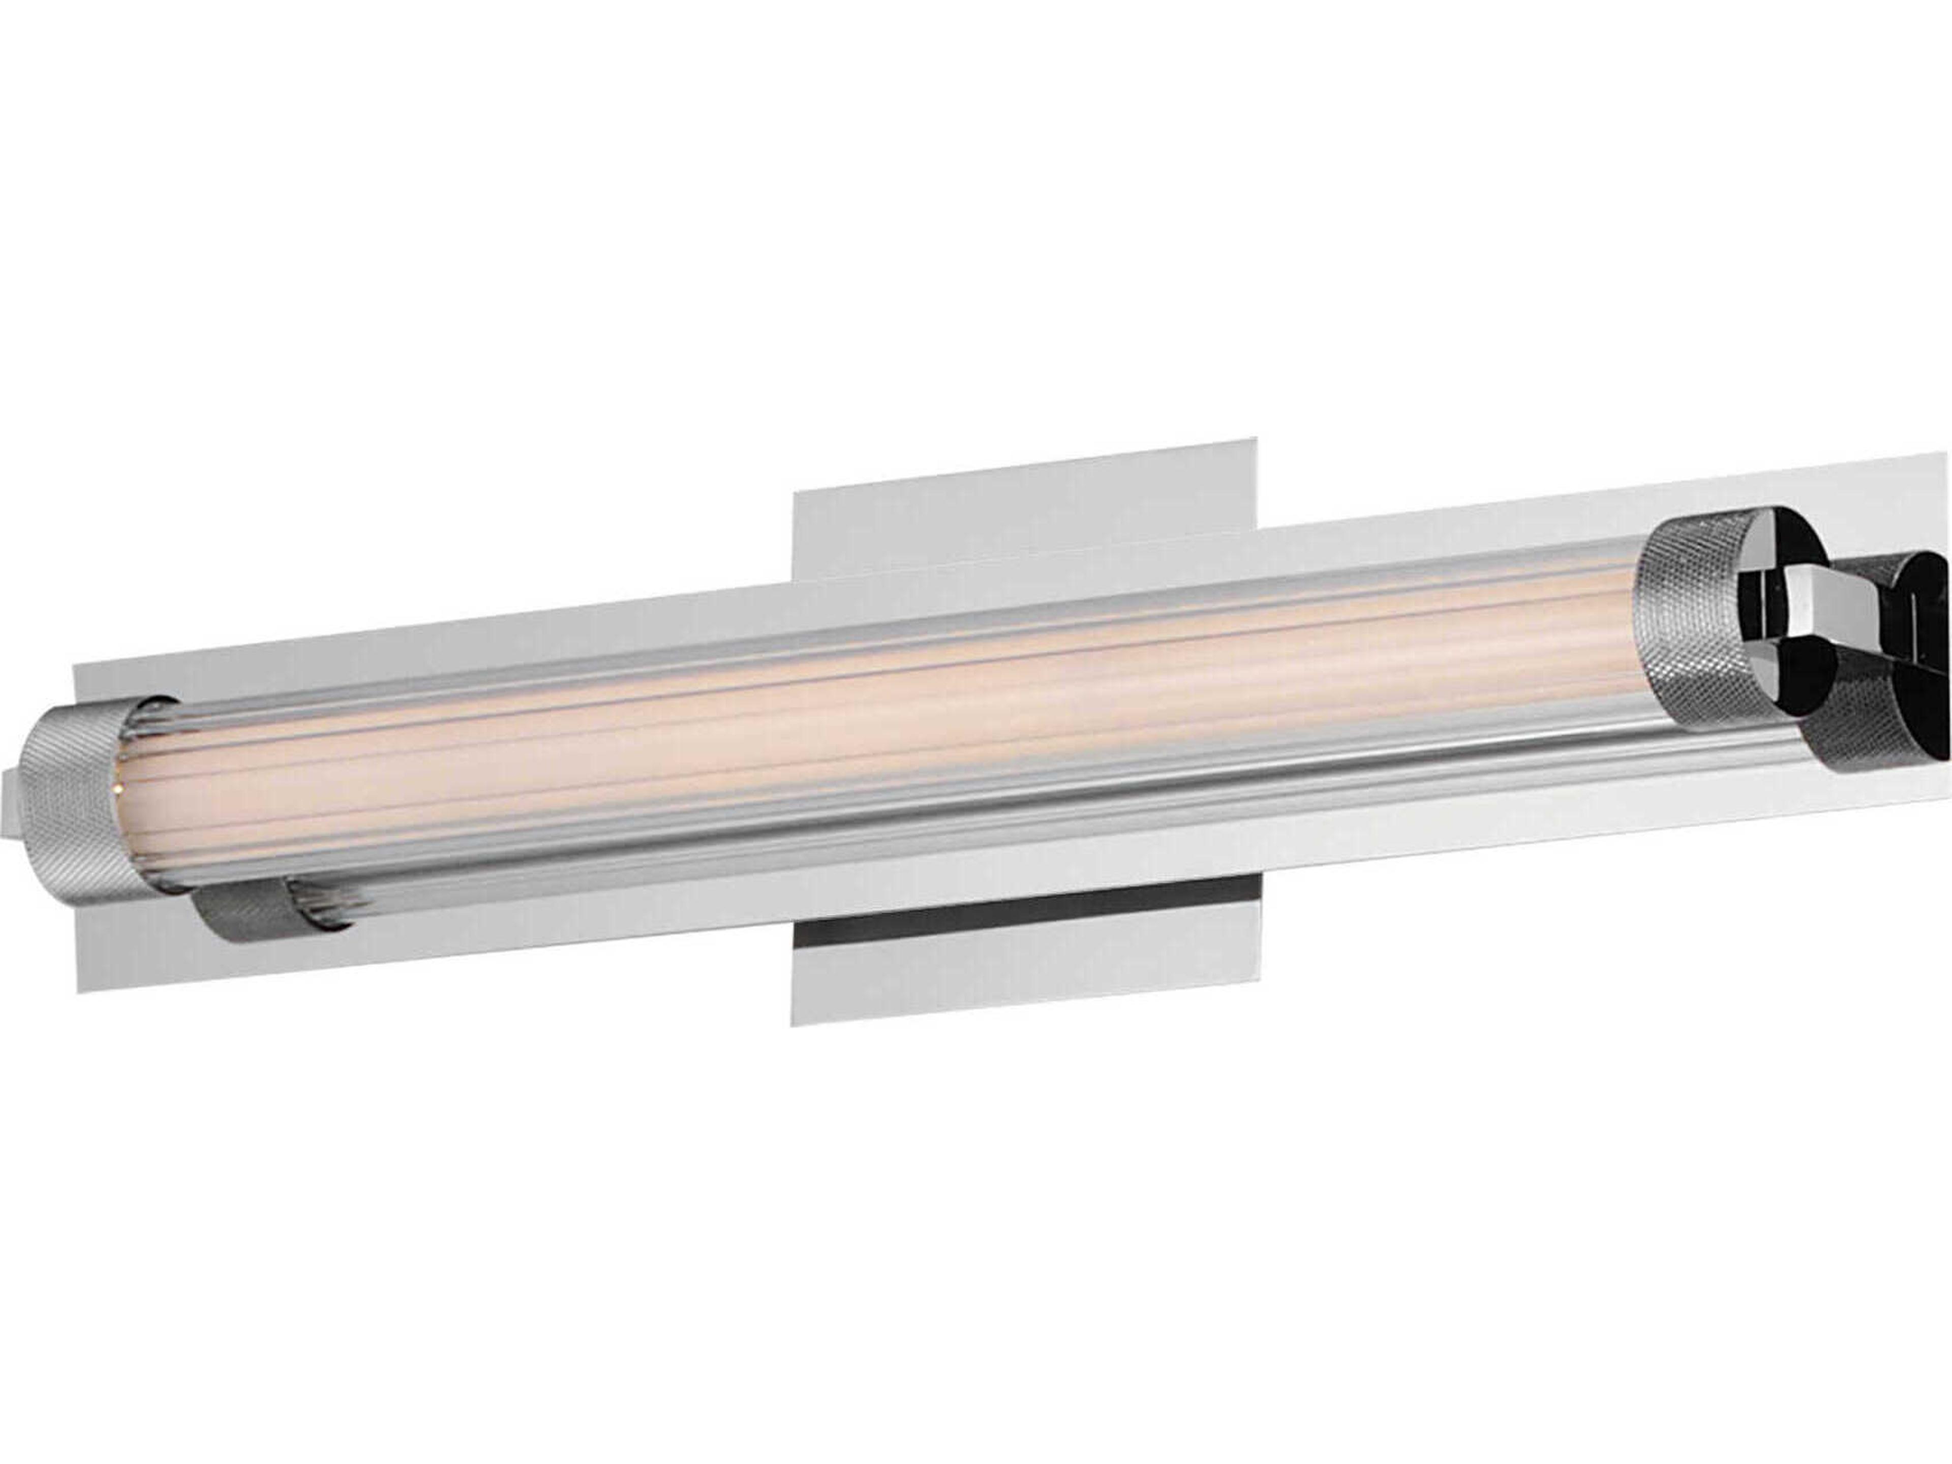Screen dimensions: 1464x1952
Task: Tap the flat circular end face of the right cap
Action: click(x=1783, y=583)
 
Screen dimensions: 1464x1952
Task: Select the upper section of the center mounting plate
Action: click(x=1024, y=521)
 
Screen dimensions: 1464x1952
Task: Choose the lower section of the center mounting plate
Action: click(x=1024, y=971)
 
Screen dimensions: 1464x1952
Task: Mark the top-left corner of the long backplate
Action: click(x=73, y=662)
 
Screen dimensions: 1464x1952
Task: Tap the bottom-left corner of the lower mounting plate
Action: click(x=791, y=1024)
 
